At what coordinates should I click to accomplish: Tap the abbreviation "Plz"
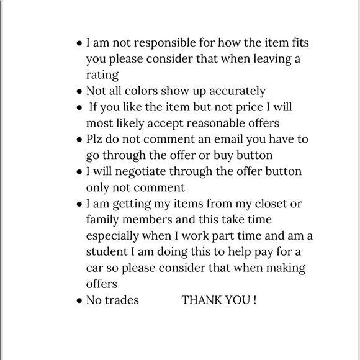pyautogui.click(x=96, y=139)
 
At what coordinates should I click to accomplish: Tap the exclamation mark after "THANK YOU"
pyautogui.click(x=254, y=300)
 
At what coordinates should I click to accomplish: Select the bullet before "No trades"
pyautogui.click(x=79, y=301)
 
